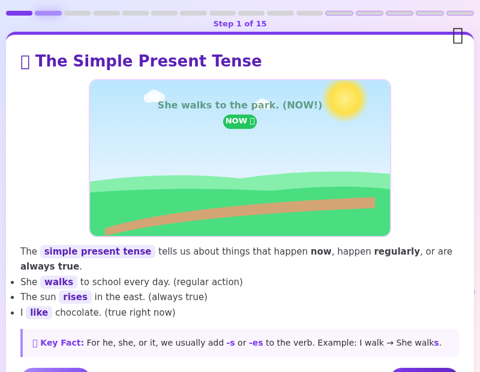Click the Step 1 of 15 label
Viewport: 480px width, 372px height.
[239, 24]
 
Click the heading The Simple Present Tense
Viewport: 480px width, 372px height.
[148, 61]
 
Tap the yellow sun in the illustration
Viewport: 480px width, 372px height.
[345, 98]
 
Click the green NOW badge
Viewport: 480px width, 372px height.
[240, 122]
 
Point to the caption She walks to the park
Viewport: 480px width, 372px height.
[239, 105]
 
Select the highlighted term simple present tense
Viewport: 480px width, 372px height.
[98, 252]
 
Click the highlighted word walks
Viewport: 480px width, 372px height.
[59, 282]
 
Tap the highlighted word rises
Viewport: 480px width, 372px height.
[75, 297]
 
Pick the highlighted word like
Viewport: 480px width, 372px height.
[39, 313]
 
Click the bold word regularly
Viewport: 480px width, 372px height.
[397, 252]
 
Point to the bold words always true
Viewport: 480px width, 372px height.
[50, 267]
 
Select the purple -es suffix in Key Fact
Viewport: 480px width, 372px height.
[256, 343]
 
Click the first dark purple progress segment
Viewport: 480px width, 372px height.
[19, 13]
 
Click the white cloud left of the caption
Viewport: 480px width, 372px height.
[154, 96]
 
